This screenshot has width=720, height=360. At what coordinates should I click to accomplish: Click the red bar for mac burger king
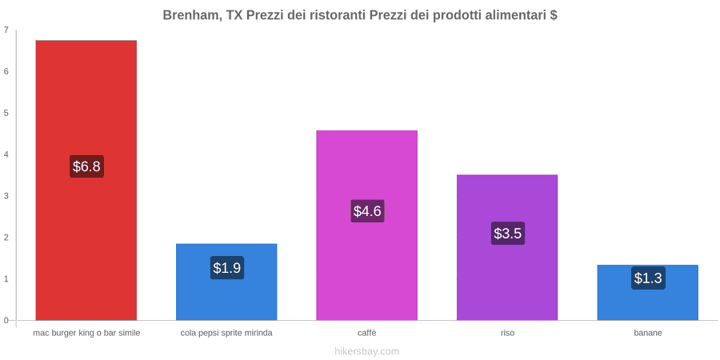(86, 180)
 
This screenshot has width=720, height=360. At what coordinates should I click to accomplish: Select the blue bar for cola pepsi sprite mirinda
(226, 282)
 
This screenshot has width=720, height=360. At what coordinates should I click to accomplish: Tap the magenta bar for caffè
(367, 226)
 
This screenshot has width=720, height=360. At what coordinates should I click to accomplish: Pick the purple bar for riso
(507, 247)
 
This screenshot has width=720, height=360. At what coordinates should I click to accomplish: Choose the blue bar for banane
(647, 293)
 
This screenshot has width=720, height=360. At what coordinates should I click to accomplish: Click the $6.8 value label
(86, 166)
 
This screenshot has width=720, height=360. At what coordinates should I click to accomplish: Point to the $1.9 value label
(227, 267)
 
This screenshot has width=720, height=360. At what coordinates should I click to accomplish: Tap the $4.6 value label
(367, 210)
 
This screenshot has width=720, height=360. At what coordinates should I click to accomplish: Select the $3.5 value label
(507, 234)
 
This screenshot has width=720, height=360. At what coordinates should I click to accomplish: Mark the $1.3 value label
(648, 278)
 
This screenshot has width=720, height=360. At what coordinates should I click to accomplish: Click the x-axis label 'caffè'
(367, 333)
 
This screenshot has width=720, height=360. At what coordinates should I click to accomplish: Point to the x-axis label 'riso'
(507, 333)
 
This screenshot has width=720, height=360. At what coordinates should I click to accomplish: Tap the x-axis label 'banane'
(648, 333)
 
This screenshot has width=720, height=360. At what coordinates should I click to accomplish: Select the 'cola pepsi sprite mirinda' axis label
(226, 333)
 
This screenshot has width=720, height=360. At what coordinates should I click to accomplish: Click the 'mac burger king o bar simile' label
(86, 333)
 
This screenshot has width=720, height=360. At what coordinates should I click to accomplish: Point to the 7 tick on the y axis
(6, 30)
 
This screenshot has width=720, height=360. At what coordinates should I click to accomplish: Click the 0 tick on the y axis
(6, 321)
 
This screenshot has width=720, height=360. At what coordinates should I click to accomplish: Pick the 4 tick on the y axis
(6, 154)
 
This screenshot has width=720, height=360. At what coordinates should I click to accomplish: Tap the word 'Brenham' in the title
(189, 15)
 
